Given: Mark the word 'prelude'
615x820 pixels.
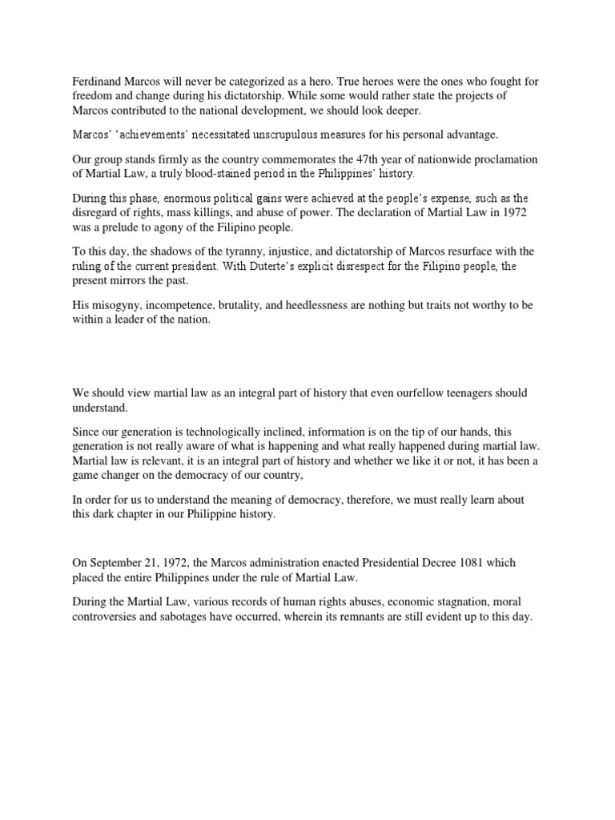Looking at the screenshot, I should click(124, 227).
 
